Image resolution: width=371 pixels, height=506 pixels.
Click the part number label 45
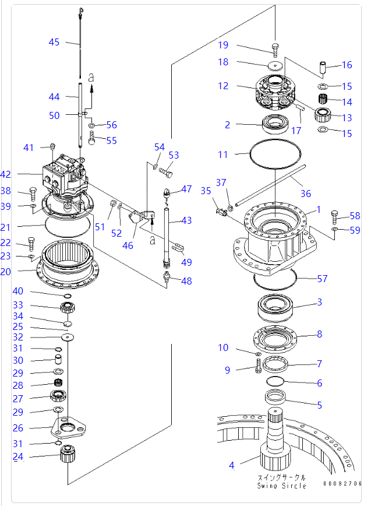click(54, 41)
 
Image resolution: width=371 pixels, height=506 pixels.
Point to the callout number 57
click(321, 279)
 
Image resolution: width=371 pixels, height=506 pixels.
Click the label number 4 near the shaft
click(231, 465)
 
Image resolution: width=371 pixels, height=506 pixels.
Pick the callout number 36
click(305, 194)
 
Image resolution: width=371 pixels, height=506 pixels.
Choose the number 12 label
click(224, 86)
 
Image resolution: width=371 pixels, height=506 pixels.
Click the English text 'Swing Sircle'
click(282, 485)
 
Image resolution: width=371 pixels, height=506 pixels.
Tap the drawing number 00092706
click(343, 483)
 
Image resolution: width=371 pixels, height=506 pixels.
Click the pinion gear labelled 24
click(69, 453)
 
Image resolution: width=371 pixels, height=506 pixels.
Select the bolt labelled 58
click(335, 217)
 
